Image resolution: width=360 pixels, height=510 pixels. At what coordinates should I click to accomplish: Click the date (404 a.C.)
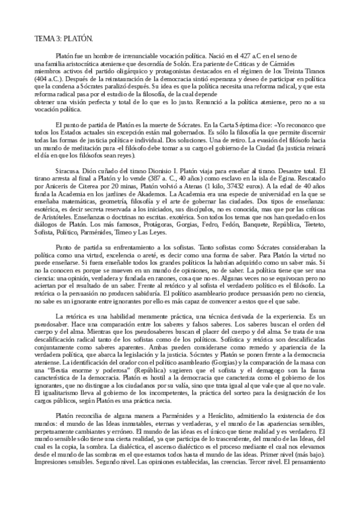click(x=50, y=79)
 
